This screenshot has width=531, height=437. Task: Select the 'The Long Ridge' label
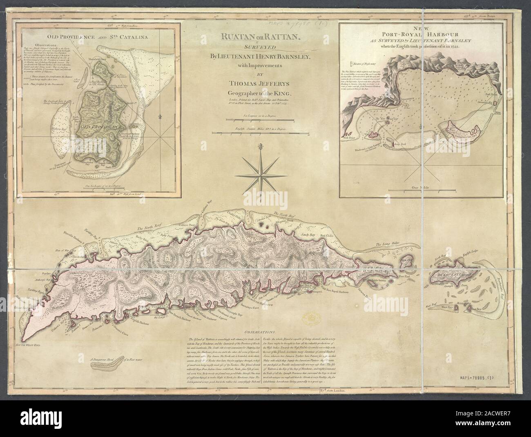pos(386,245)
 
